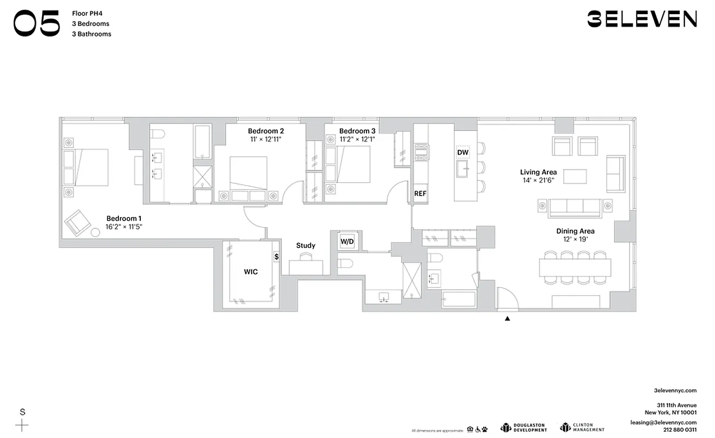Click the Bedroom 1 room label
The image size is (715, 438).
click(124, 217)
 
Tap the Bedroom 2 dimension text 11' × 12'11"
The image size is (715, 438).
click(266, 140)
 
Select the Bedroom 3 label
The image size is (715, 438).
click(357, 131)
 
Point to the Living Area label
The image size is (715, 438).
click(538, 172)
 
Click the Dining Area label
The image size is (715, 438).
click(575, 231)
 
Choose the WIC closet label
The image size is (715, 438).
click(250, 272)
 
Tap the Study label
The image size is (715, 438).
click(306, 245)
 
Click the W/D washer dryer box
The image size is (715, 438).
click(347, 241)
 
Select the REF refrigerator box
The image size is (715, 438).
click(420, 193)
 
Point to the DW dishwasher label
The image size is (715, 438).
click(462, 152)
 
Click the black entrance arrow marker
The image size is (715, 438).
click(507, 318)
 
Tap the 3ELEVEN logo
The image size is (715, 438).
click(642, 19)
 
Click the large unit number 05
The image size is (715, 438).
click(37, 25)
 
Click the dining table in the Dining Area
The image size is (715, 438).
click(575, 268)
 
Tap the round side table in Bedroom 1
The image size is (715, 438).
click(95, 232)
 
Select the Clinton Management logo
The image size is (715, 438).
click(582, 428)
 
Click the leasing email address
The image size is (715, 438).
click(663, 423)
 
